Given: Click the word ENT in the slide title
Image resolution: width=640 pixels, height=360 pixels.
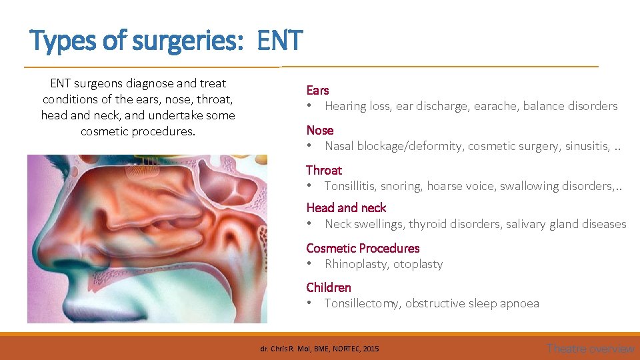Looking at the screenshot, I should pos(279,41).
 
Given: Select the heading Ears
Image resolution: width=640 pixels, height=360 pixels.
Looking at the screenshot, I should pos(317,90).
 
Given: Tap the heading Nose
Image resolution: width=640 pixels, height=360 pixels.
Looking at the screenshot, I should pos(319,130).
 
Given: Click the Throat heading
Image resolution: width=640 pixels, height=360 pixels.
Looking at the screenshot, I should pos(323,170).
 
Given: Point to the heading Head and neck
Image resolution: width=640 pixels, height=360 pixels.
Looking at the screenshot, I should pos(345,208).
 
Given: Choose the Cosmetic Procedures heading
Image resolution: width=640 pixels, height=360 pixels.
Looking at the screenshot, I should pos(362,248).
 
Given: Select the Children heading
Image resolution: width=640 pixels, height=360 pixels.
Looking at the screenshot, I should pos(328,287).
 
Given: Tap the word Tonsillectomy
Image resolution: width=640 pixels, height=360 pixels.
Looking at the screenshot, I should pos(361,303).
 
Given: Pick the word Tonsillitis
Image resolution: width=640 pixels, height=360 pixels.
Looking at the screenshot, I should pos(351,186).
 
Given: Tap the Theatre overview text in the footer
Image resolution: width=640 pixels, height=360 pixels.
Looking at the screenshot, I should pos(590,348).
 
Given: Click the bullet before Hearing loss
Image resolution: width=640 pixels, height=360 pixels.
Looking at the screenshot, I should pos(309,106).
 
